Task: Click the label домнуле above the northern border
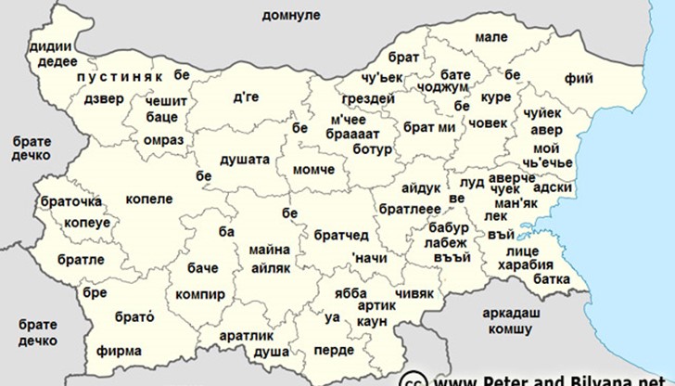(290, 16)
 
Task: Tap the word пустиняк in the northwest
(120, 74)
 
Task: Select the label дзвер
(103, 99)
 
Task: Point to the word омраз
(163, 140)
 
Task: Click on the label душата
(245, 160)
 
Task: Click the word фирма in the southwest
(119, 351)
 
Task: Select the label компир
(200, 294)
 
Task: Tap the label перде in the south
(334, 350)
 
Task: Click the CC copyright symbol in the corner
(413, 380)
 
